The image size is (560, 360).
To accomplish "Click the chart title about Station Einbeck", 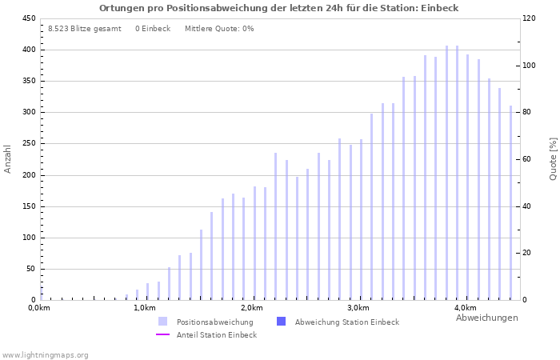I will (279, 8).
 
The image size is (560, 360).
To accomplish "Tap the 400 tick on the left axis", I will (29, 50).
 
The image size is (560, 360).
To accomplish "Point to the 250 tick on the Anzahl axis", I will (29, 144).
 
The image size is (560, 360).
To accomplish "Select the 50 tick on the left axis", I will (31, 269).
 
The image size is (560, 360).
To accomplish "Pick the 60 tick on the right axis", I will (528, 159).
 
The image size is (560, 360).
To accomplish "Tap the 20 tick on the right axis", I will (528, 253).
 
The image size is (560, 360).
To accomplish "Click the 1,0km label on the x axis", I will (144, 308).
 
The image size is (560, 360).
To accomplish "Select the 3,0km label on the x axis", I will (358, 308).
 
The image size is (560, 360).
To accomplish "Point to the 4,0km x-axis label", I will (465, 308).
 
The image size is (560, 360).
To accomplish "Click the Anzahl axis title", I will (8, 158).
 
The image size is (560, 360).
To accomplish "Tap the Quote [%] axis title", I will (553, 158).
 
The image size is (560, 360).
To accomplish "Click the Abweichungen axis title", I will (486, 318).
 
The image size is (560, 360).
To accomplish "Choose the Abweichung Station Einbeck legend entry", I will (346, 322).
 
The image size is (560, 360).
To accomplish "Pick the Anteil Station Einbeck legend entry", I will (216, 334).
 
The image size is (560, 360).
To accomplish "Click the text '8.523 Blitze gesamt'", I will (85, 29).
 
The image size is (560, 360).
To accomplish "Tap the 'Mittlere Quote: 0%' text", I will (219, 29).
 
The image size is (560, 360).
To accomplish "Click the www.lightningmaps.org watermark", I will (45, 354).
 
